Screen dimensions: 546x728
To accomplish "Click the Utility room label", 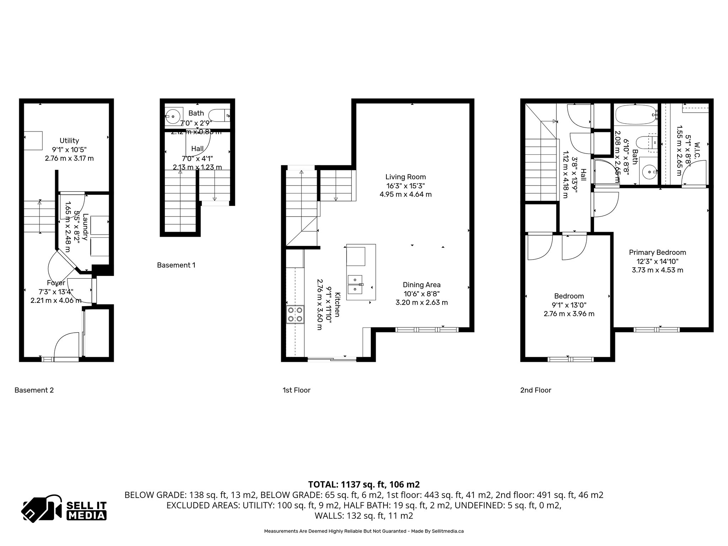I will [69, 141].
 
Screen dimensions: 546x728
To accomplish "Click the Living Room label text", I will [405, 177].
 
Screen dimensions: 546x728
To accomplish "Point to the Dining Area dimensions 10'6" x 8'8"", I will [421, 294].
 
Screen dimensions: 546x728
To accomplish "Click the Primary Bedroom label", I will [657, 252].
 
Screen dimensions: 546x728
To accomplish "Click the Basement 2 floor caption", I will [34, 390].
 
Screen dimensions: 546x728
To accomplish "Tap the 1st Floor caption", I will [296, 390].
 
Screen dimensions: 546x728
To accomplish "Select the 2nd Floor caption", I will [535, 390].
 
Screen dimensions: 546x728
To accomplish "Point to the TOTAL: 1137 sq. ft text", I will [364, 485].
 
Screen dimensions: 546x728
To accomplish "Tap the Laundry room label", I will [85, 227].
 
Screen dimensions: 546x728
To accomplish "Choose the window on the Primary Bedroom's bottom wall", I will [657, 330].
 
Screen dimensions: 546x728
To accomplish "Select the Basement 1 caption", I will [176, 265].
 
